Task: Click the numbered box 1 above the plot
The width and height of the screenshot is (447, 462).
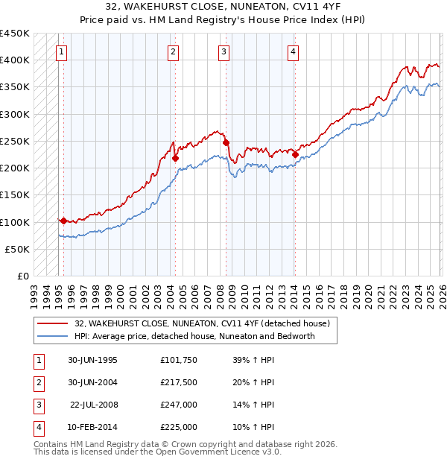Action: coord(60,51)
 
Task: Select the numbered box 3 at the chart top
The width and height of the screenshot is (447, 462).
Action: coord(223,51)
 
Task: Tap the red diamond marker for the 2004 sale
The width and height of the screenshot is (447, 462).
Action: coord(175,158)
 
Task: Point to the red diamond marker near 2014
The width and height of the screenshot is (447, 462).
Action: coord(295,154)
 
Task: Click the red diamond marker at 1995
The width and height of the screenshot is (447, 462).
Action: coord(63,221)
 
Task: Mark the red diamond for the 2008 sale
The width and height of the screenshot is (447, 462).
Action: coord(226,142)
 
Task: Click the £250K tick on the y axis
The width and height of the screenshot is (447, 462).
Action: coord(15,141)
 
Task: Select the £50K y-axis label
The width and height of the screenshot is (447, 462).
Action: coord(18,249)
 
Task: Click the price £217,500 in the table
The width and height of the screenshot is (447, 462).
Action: coord(178,382)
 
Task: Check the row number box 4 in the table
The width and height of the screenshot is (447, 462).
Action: coord(37,427)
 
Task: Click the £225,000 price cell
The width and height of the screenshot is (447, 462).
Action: coord(178,427)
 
